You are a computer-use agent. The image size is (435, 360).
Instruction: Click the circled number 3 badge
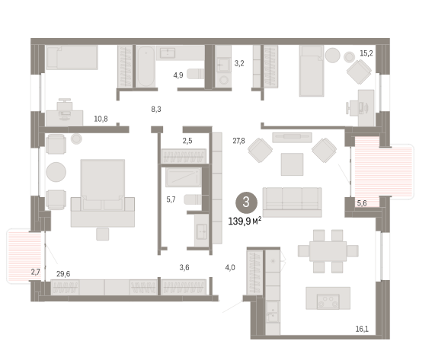(x=246, y=202)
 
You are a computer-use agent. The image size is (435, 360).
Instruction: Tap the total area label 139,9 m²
(x=245, y=221)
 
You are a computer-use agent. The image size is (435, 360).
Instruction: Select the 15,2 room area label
(x=366, y=53)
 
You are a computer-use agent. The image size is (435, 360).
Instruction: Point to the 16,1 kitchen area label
(x=362, y=329)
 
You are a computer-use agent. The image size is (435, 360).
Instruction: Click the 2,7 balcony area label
(x=36, y=272)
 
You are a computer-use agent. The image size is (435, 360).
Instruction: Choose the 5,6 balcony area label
(x=362, y=203)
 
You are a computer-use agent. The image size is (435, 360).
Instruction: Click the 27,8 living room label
(x=238, y=141)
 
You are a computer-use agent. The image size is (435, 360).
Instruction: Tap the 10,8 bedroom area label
(x=101, y=119)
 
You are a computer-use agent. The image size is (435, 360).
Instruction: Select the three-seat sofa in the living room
(x=292, y=202)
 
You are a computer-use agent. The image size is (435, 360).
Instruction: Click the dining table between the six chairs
(x=328, y=251)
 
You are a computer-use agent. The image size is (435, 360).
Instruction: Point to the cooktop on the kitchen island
(x=328, y=301)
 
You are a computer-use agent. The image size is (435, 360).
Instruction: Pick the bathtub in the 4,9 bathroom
(x=146, y=66)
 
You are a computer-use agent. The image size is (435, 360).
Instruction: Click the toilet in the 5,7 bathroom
(x=193, y=199)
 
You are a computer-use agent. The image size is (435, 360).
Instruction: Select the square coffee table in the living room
(x=292, y=164)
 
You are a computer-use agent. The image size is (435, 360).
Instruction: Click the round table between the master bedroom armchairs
(x=56, y=172)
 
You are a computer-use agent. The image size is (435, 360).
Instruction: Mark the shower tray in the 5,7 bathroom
(x=184, y=177)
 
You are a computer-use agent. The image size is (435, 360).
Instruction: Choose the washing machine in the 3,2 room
(x=224, y=80)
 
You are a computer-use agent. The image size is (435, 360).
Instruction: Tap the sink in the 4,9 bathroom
(x=168, y=53)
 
